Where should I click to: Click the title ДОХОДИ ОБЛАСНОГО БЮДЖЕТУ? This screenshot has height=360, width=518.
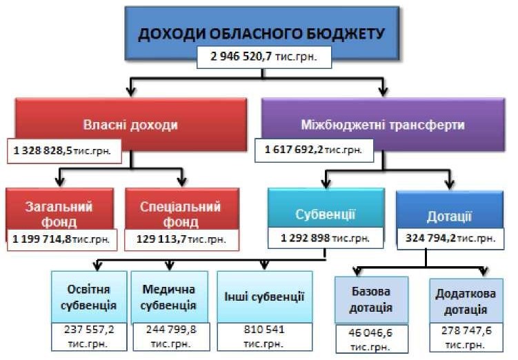(261, 34)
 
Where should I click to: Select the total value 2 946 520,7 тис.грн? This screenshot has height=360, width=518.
(263, 57)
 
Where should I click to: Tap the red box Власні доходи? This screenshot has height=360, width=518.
(131, 125)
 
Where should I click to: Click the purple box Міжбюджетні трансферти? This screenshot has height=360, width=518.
(383, 125)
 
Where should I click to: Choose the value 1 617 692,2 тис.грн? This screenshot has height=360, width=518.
(314, 150)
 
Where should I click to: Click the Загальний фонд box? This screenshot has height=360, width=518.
(59, 209)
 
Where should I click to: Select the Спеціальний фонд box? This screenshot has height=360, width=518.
(182, 209)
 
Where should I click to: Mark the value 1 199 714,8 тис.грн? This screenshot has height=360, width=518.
(62, 239)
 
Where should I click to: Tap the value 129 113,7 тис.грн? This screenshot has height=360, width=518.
(181, 239)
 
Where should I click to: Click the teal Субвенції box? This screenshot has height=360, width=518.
(326, 208)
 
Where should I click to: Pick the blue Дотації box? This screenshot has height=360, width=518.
(450, 210)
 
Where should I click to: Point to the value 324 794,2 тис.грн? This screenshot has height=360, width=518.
(450, 238)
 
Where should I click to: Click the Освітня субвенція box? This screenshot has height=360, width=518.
(89, 297)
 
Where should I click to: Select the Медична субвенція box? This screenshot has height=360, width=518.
(170, 297)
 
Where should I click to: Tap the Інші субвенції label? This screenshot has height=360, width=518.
(264, 297)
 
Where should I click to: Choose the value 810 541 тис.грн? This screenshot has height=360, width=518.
(264, 337)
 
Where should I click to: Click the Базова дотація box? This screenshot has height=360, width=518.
(371, 300)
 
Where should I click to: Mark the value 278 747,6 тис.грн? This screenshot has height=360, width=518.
(466, 337)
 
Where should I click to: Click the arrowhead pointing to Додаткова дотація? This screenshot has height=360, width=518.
(484, 272)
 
